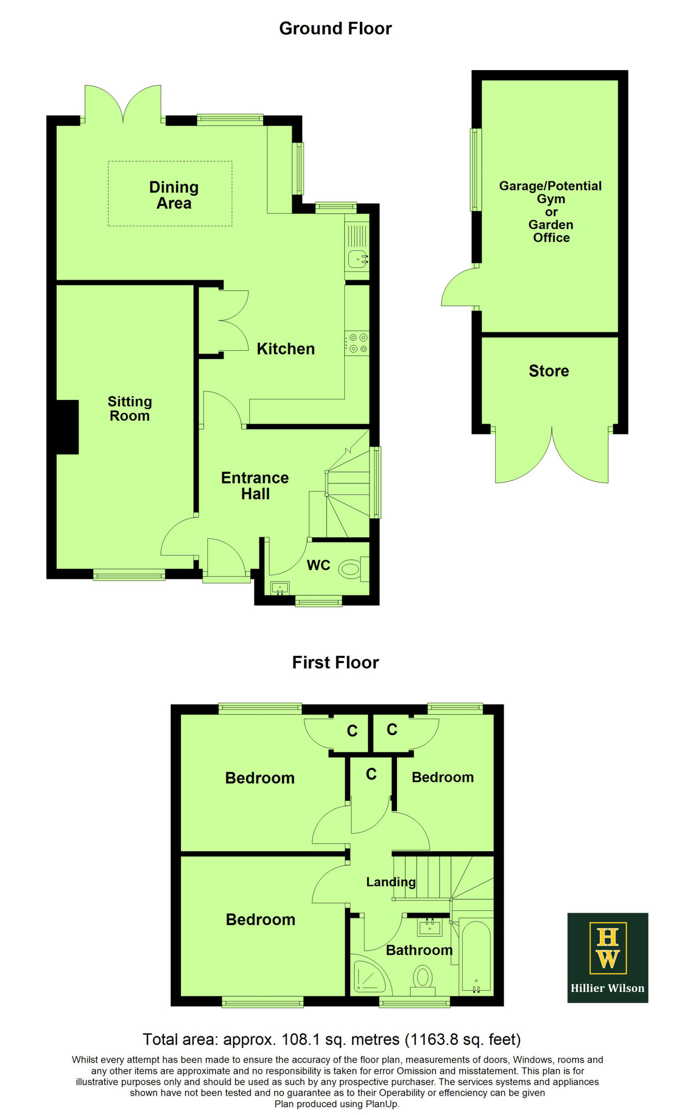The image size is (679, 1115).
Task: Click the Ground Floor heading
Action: tap(336, 28)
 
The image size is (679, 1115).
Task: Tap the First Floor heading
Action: tap(336, 662)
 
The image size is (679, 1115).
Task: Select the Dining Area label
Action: tap(174, 195)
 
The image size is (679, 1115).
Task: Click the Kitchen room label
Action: tap(286, 349)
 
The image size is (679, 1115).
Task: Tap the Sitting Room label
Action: tap(130, 409)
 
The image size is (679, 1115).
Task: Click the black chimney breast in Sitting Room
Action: tap(67, 427)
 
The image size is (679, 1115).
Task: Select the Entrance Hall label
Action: tap(255, 486)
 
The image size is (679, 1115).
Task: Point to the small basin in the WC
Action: tap(280, 588)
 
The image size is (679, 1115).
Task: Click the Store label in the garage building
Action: tap(549, 371)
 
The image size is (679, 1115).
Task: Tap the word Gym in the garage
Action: tap(551, 199)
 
